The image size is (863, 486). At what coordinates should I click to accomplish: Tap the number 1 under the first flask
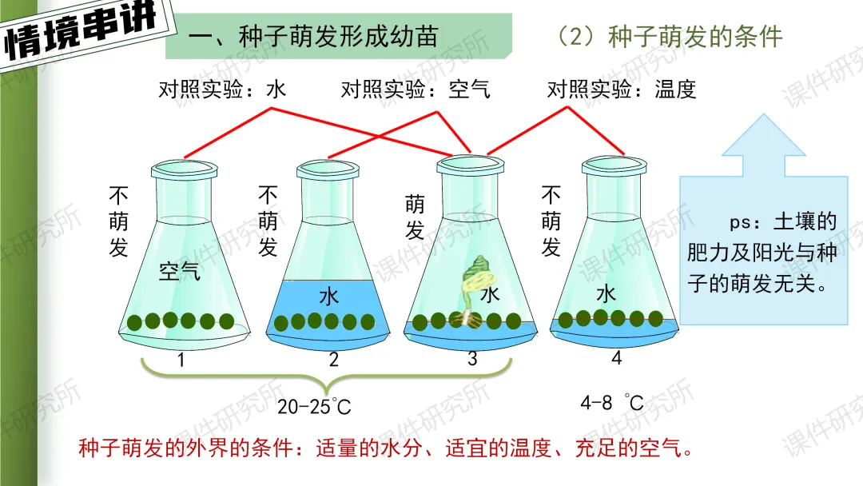click(x=181, y=361)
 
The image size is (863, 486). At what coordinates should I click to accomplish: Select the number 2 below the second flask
click(x=334, y=361)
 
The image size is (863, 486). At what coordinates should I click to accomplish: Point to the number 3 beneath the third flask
click(x=472, y=359)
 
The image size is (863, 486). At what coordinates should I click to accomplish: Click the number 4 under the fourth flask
click(x=616, y=358)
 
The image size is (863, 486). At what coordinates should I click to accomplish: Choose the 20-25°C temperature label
click(x=314, y=406)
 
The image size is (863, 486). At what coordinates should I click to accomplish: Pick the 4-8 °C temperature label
click(x=611, y=403)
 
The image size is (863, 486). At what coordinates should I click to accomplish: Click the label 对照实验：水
click(x=222, y=89)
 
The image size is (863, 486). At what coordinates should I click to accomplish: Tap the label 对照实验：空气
click(x=416, y=89)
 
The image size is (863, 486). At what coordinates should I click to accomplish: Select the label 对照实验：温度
click(x=622, y=89)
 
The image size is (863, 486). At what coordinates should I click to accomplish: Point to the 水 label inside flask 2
click(x=329, y=297)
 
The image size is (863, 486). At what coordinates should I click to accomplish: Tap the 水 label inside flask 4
click(x=606, y=293)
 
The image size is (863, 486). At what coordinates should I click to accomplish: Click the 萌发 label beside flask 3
click(x=415, y=217)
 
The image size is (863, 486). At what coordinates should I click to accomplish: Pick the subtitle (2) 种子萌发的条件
click(x=670, y=36)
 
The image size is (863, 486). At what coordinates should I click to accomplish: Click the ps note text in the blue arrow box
click(x=762, y=252)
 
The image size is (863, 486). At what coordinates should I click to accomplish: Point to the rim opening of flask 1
click(x=185, y=168)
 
